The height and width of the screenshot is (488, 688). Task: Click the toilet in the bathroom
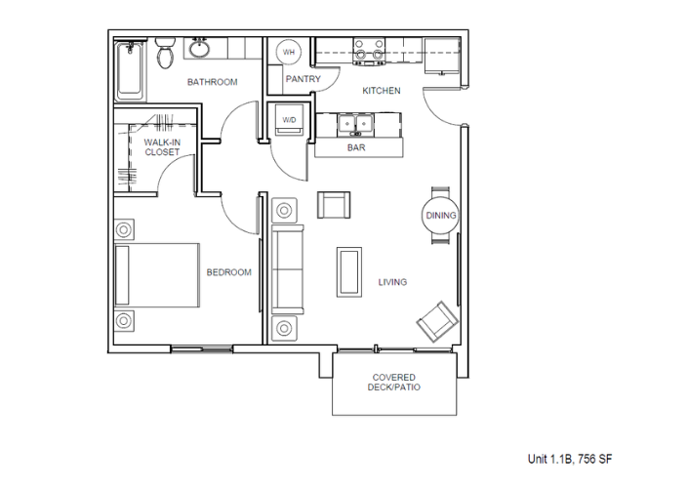pos(165,53)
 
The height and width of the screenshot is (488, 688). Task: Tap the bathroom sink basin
pos(200,48)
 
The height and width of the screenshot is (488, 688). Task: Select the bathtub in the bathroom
pos(130,70)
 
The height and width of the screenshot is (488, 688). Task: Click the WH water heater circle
pos(288,53)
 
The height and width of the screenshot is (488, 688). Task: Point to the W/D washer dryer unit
pos(289,119)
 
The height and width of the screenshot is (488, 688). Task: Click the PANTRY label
pos(304,79)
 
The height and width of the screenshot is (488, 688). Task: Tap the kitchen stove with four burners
pos(369,52)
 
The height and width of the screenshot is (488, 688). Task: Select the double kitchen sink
pos(355,124)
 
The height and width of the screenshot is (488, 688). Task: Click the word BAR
pos(356,147)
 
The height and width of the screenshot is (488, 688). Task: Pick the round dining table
pos(440,216)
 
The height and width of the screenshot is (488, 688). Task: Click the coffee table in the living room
pos(349,272)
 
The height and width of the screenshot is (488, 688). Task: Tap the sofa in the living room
pos(287,269)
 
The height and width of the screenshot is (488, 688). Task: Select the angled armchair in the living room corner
pos(437,322)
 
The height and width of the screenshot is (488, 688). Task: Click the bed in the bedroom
pos(157,275)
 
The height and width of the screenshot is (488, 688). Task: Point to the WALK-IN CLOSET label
pos(162,147)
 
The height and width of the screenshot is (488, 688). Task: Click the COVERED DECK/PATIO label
pos(394,383)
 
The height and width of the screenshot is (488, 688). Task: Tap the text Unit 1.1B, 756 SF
pos(570,459)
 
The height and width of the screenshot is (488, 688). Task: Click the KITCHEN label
pos(382,91)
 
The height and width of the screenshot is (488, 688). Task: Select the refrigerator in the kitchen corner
pos(442,56)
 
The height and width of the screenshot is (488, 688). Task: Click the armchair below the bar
pos(334,205)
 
